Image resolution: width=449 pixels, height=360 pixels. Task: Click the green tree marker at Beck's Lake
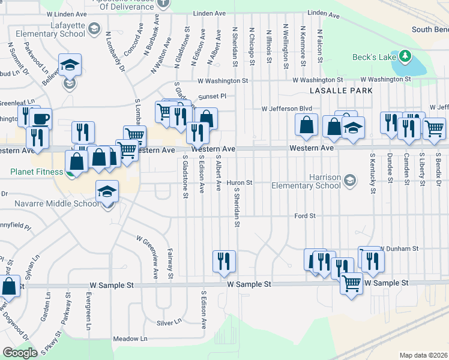point(405,56)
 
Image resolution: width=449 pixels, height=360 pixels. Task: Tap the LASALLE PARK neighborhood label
point(341,91)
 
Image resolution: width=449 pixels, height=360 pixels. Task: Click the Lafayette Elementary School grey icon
point(94,28)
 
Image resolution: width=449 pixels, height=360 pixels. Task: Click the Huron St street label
point(238,182)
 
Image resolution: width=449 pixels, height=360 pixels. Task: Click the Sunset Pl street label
point(213,95)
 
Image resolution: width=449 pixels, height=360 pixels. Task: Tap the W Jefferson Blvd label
point(287,109)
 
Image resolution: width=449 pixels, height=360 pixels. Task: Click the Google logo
point(20,353)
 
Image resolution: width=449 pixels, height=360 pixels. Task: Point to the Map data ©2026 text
point(423,355)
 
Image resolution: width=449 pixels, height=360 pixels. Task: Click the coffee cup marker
point(41,119)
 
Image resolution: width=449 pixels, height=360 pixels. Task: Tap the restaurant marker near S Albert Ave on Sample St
point(224,261)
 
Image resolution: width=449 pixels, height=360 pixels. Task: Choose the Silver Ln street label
point(169,322)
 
